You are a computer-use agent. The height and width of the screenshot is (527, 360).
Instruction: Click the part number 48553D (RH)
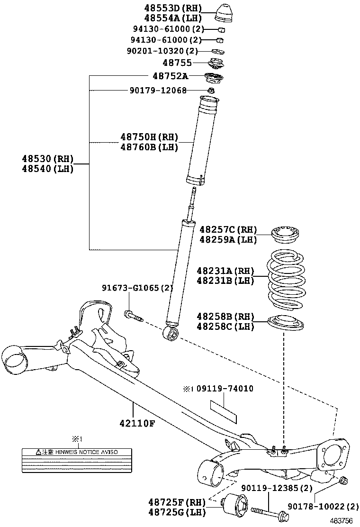[172, 8]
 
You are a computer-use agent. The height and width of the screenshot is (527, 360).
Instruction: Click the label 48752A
[170, 76]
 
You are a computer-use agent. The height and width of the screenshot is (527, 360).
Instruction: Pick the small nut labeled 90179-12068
[212, 90]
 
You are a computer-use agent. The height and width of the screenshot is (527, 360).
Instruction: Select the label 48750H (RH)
[149, 137]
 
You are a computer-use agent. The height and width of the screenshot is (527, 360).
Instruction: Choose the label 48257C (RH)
[228, 230]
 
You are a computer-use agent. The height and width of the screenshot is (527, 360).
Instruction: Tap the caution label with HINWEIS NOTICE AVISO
[77, 461]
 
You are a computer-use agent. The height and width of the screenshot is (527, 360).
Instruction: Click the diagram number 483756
[341, 521]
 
